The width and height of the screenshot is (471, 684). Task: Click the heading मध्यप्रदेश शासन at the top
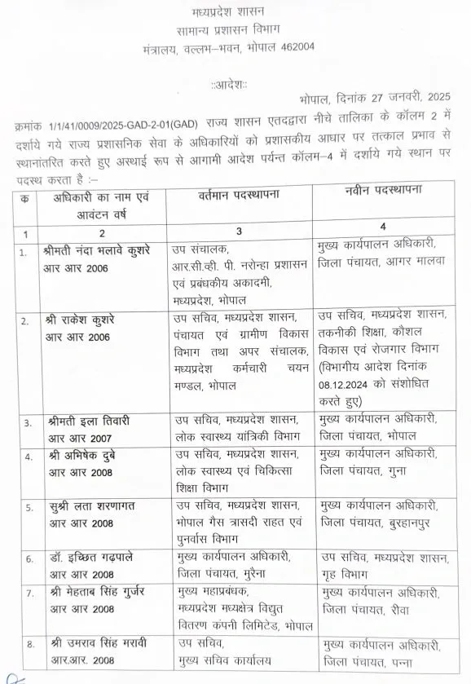click(x=236, y=14)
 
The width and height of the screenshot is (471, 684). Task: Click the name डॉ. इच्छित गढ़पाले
click(x=91, y=558)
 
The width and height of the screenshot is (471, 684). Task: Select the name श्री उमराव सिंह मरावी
click(x=98, y=644)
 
